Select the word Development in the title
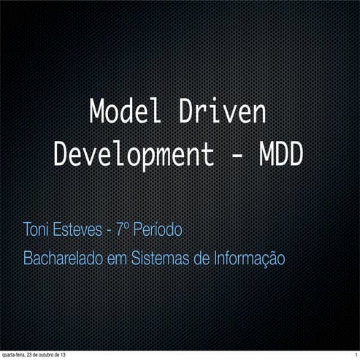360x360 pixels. [134, 154]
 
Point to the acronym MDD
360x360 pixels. [280, 154]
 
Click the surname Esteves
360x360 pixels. [77, 231]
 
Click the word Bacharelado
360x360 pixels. [63, 258]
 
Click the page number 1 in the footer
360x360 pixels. [355, 355]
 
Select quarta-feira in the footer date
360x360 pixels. [15, 355]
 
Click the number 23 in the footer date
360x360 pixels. [32, 355]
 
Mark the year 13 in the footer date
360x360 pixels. [71, 355]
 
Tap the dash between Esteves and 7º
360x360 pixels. [109, 232]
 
